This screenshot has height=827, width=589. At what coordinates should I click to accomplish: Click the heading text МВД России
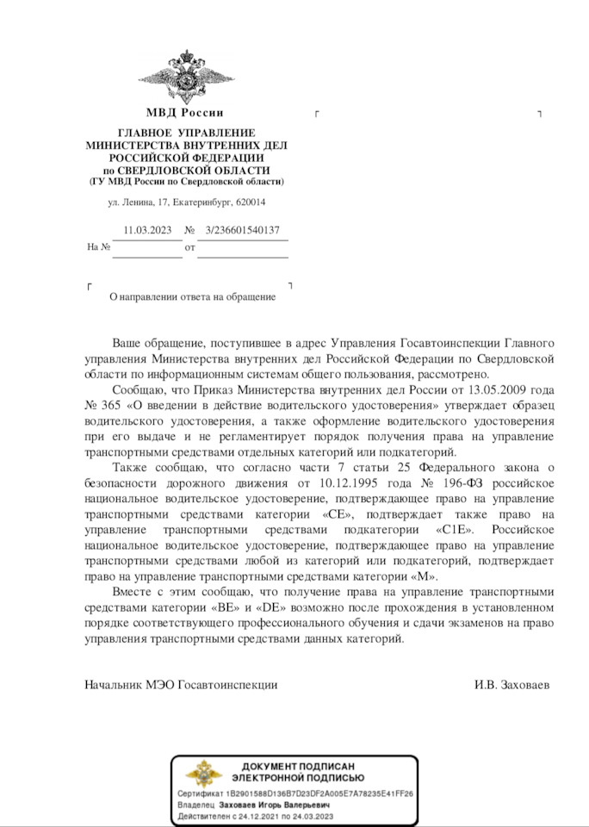(x=185, y=113)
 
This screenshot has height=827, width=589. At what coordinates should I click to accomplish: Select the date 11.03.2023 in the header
(x=147, y=231)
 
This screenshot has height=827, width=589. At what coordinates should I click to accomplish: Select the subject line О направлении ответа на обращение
(x=192, y=297)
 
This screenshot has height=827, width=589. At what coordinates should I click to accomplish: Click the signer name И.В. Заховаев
(x=512, y=685)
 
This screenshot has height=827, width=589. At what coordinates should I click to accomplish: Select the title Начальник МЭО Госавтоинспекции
(x=181, y=685)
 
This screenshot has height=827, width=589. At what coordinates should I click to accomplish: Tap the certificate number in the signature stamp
(x=319, y=793)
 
